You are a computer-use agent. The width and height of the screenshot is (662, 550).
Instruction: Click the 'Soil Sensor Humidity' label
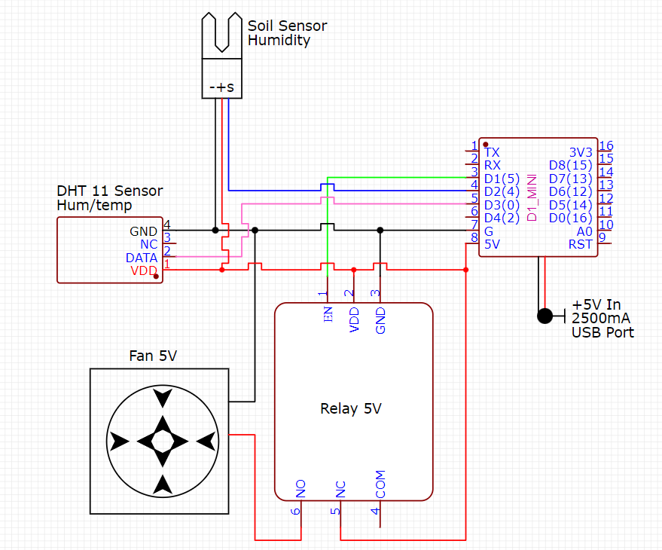click(287, 33)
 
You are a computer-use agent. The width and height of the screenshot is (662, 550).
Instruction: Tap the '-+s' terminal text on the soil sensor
click(221, 87)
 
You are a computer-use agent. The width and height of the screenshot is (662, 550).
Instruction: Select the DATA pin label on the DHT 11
click(142, 258)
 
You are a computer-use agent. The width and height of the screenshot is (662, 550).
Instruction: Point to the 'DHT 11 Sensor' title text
click(109, 191)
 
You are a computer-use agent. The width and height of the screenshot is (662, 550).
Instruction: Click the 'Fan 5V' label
click(154, 356)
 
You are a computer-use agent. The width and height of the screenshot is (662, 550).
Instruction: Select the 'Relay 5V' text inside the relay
click(351, 409)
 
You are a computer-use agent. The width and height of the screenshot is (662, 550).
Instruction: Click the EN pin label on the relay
click(328, 316)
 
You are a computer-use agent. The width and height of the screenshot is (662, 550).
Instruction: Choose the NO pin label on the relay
click(300, 490)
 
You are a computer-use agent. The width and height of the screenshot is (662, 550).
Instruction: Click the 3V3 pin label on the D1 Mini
click(581, 151)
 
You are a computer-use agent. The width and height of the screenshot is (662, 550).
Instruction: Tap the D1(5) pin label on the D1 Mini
click(502, 179)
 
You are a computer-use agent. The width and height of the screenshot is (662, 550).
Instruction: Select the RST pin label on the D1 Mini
click(580, 244)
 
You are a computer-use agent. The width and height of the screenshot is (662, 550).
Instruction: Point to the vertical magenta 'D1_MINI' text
click(532, 197)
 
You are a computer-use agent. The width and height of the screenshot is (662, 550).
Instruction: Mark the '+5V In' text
click(596, 305)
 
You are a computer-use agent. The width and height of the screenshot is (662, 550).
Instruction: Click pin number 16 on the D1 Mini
click(606, 146)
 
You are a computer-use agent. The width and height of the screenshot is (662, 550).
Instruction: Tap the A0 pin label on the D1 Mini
click(584, 231)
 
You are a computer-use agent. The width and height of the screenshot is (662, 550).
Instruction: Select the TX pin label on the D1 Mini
click(492, 151)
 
